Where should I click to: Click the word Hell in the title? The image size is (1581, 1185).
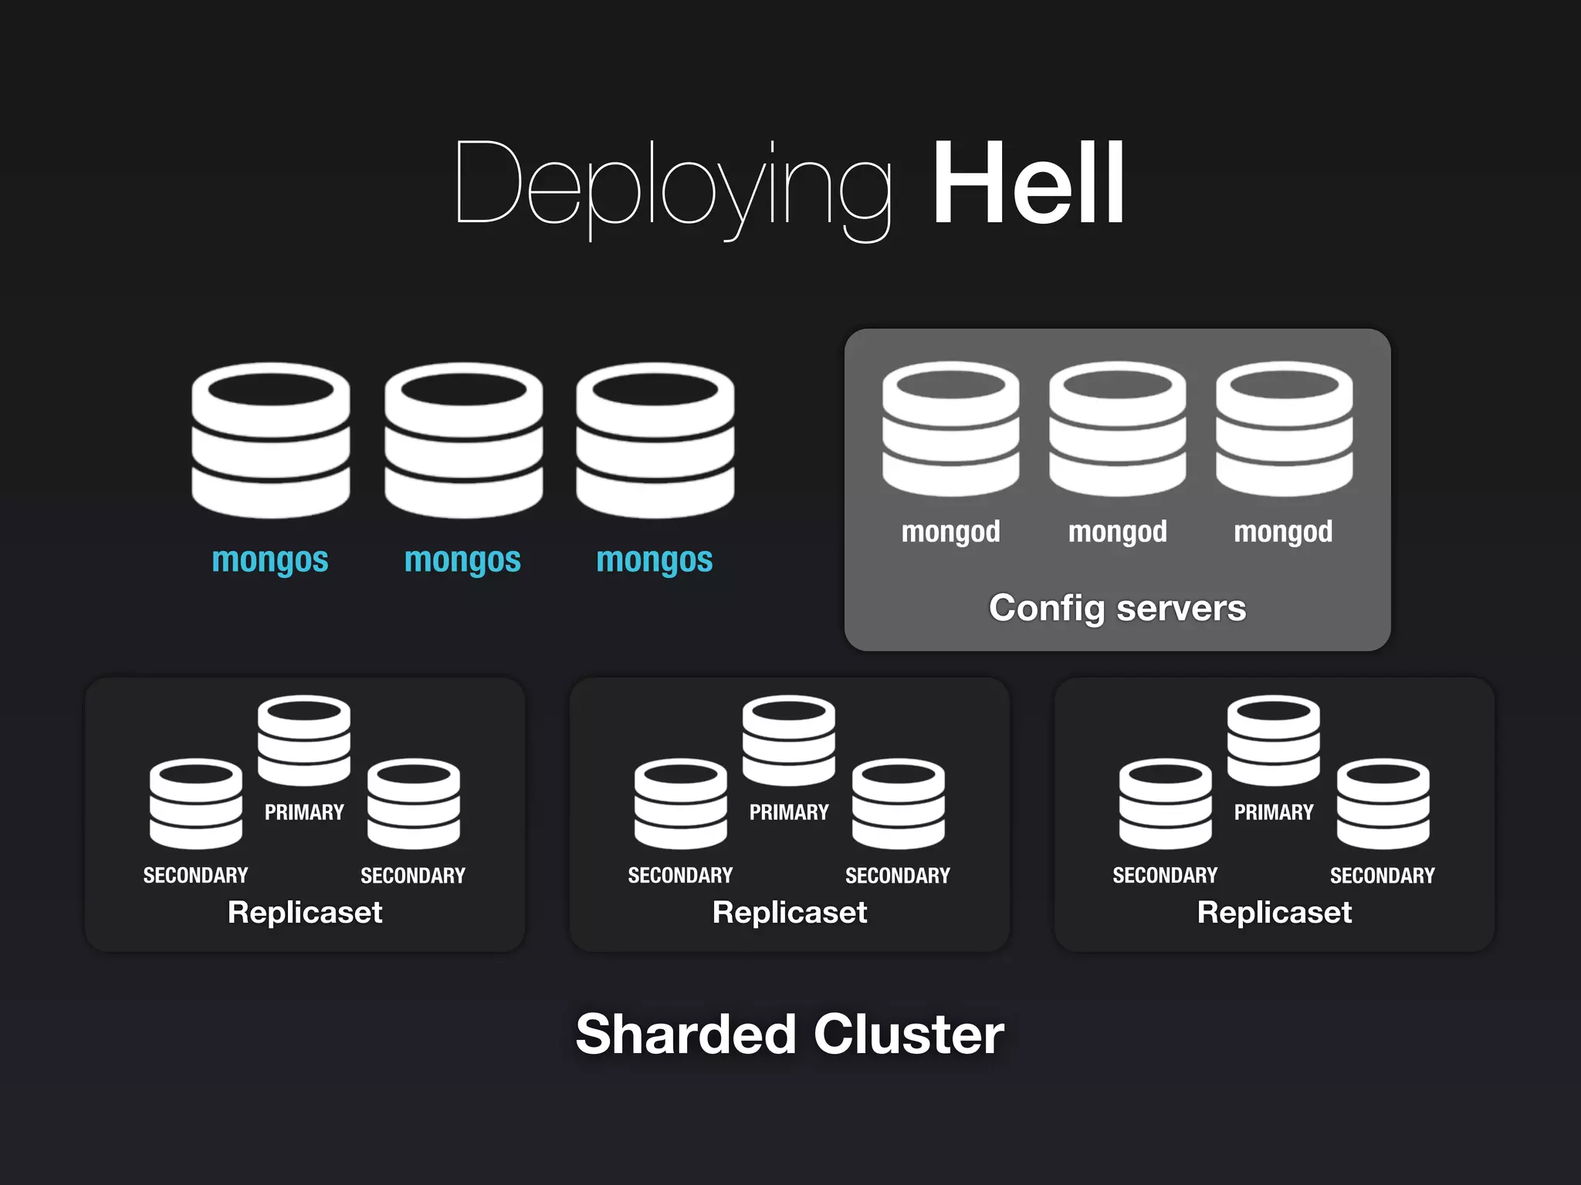pos(1027,184)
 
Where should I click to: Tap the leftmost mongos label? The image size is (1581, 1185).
pos(270,559)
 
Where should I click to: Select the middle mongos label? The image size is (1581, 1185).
pos(462,559)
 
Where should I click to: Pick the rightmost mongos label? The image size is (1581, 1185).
pos(654,559)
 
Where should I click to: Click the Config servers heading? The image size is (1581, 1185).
pos(1117,608)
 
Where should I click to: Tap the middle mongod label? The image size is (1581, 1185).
pos(1117,532)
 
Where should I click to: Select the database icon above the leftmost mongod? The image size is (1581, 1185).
pos(950,429)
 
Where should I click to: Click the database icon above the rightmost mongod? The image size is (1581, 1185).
pos(1284,429)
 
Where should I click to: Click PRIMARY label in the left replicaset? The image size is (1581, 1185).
pos(304,812)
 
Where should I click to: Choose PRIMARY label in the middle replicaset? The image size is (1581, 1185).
pos(789,812)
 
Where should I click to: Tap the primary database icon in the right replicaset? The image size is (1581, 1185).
pos(1273,741)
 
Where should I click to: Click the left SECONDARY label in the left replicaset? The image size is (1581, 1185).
pos(195,876)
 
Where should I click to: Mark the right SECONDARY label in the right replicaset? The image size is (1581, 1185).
pos(1382,876)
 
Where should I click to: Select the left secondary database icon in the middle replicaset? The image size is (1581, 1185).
pos(680,804)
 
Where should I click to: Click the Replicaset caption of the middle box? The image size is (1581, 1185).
pos(789,913)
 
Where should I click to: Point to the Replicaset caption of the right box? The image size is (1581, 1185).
pos(1274,913)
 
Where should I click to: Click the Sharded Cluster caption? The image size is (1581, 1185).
pos(790,1035)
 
